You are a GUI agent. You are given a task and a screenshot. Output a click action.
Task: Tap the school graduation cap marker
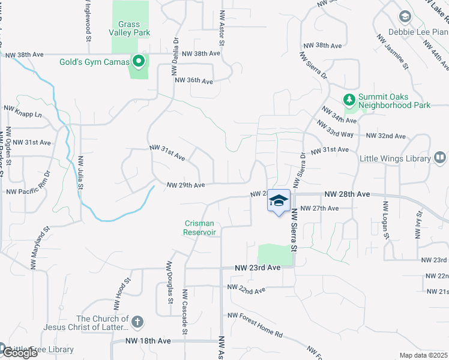[x=278, y=200]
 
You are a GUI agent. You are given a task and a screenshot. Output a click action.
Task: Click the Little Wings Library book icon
[x=440, y=158]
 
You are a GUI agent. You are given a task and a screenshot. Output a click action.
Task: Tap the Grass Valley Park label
[x=129, y=29]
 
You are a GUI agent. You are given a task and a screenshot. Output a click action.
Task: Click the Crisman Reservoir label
[x=199, y=228]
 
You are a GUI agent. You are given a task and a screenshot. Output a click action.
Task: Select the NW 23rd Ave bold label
[x=258, y=268]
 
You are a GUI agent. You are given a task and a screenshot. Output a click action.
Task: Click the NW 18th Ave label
[x=148, y=341]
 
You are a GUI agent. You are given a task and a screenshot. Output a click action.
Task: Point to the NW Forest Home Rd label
[x=255, y=316]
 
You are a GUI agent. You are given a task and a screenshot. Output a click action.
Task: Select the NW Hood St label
[x=120, y=289]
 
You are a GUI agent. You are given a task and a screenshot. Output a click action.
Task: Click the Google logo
[x=19, y=352]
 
